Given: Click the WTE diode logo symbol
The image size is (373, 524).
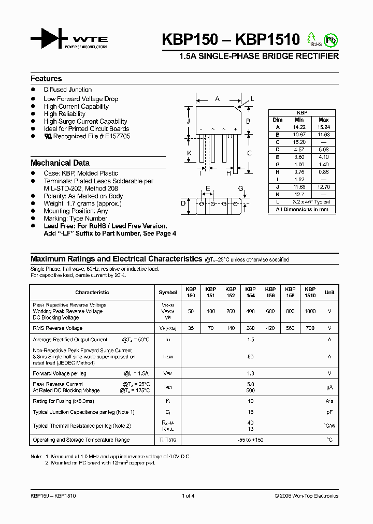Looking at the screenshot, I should pyautogui.click(x=49, y=38).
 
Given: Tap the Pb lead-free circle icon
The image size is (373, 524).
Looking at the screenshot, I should pyautogui.click(x=329, y=39).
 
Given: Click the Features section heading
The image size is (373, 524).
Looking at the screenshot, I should pyautogui.click(x=46, y=79).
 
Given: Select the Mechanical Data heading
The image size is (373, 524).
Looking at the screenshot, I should pyautogui.click(x=60, y=163).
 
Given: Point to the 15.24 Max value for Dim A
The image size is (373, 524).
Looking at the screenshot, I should pyautogui.click(x=323, y=127).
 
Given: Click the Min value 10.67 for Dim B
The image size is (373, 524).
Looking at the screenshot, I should pyautogui.click(x=299, y=135).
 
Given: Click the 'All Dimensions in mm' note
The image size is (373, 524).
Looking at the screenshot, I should pyautogui.click(x=302, y=210).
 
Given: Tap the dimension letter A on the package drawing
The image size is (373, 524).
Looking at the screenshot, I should pyautogui.click(x=218, y=98).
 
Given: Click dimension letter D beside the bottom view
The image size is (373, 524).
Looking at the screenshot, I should pyautogui.click(x=183, y=203).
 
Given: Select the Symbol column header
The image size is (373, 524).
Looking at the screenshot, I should pyautogui.click(x=168, y=293).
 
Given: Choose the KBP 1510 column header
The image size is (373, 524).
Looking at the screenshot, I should pyautogui.click(x=310, y=293).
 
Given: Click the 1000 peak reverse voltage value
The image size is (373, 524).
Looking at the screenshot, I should pyautogui.click(x=310, y=311).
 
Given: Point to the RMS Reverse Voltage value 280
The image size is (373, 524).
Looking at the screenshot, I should pyautogui.click(x=250, y=328).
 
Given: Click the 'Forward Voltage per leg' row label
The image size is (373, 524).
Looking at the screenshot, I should pyautogui.click(x=60, y=373).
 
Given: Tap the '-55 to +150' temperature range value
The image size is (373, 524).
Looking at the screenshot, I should pyautogui.click(x=250, y=440).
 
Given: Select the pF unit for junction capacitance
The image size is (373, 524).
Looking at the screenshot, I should pyautogui.click(x=329, y=412).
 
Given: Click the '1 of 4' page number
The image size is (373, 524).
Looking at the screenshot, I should pyautogui.click(x=188, y=496).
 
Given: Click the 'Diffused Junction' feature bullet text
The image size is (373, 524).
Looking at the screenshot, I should pyautogui.click(x=67, y=90).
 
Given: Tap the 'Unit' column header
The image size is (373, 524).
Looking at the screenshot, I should pyautogui.click(x=329, y=293).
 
